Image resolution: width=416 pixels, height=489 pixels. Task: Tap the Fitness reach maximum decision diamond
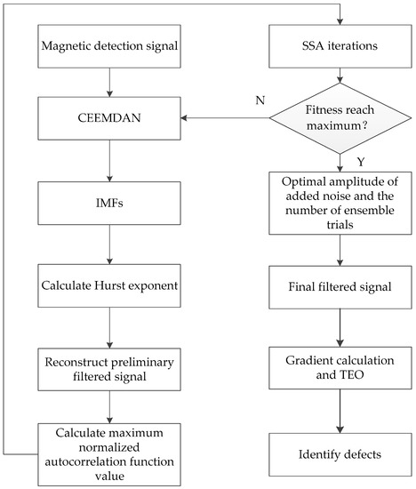tap(340, 116)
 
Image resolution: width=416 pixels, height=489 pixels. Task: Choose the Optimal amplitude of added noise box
tap(340, 203)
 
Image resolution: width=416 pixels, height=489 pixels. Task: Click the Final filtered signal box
tap(340, 286)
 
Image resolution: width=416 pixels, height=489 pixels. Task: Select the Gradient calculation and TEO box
tap(340, 366)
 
